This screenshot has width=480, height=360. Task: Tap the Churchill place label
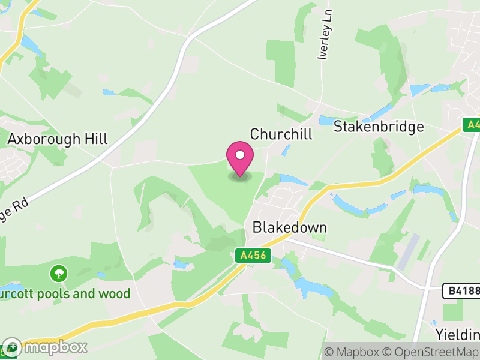pyautogui.click(x=281, y=134)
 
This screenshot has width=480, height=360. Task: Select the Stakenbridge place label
pyautogui.click(x=379, y=127)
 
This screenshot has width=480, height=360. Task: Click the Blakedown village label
pyautogui.click(x=290, y=227)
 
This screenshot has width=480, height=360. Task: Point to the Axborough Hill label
pyautogui.click(x=58, y=139)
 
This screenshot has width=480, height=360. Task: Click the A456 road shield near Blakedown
pyautogui.click(x=253, y=256)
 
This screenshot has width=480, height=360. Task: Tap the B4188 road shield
pyautogui.click(x=461, y=291)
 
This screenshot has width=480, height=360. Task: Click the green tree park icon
pyautogui.click(x=59, y=274)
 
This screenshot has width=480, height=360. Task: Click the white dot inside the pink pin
pyautogui.click(x=240, y=155)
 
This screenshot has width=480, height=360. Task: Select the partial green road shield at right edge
pyautogui.click(x=472, y=125)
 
